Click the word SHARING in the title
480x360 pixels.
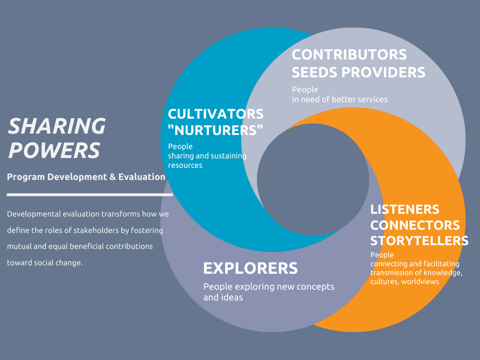[x=57, y=126]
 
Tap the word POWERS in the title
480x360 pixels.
[x=54, y=150]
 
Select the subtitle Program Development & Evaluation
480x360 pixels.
[x=86, y=177]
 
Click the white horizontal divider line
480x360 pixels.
[x=90, y=194]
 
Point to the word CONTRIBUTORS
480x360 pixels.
[x=349, y=54]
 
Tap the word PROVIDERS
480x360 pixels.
[x=383, y=72]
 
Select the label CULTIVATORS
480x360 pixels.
[x=216, y=114]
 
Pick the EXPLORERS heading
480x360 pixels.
[x=250, y=268]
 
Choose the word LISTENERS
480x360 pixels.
[x=405, y=209]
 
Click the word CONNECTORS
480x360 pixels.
[x=415, y=225]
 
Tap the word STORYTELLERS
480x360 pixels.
[x=419, y=240]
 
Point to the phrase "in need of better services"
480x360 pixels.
[x=340, y=99]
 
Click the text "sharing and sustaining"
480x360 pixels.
[x=207, y=156]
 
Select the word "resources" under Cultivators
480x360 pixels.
[x=185, y=165]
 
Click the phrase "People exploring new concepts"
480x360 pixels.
[x=269, y=286]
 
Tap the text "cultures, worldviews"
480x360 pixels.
[x=405, y=282]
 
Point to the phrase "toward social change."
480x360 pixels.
[x=45, y=262]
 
